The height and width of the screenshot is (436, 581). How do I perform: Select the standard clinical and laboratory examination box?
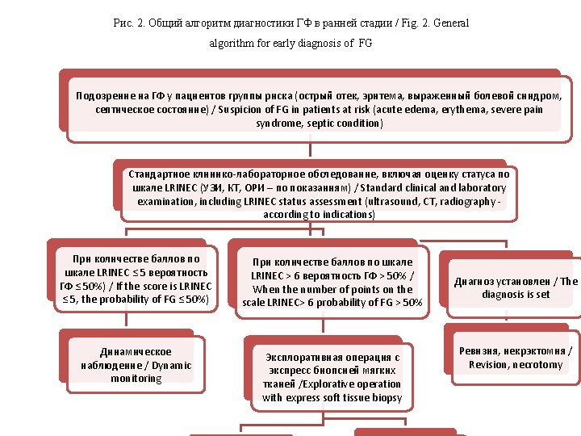pos(319,194)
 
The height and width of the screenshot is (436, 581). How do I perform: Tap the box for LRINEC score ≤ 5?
pos(136,279)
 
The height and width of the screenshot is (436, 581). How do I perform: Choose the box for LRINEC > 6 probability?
pos(332,282)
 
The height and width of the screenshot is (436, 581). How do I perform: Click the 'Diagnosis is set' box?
pos(516,287)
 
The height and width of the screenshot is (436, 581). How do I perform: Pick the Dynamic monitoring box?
pos(136,365)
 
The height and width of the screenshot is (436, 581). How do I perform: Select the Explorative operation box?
pos(332,377)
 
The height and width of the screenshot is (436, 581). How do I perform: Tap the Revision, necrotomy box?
pos(516,358)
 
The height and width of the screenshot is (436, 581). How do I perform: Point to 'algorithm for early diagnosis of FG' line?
pos(290,43)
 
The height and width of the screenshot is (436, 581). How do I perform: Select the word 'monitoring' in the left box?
pos(136,379)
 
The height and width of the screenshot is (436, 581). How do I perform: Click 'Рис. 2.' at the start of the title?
pos(130,23)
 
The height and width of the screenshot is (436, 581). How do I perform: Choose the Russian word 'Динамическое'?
pos(136,352)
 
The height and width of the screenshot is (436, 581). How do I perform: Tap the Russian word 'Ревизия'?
pos(479,351)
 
